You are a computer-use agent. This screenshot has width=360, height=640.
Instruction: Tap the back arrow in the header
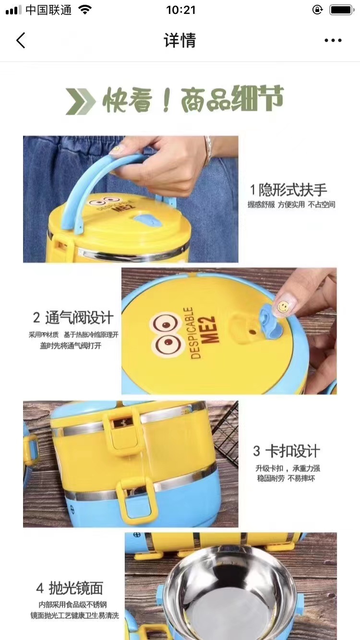coord(21,40)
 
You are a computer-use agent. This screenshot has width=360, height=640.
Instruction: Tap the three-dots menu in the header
coord(333,40)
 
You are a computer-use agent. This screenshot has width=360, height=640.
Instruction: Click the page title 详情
coord(180,40)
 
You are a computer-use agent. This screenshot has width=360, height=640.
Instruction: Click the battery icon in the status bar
coord(341,10)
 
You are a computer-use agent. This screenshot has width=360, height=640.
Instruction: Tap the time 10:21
coord(180,10)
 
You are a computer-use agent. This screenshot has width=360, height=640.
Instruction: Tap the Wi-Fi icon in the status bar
coord(85,10)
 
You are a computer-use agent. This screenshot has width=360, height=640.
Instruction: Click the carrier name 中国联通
coord(48,10)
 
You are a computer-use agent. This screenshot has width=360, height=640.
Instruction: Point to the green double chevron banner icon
coord(80,102)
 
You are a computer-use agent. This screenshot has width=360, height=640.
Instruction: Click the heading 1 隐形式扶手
coord(288,190)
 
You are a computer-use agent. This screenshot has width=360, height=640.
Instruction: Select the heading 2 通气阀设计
coord(73,318)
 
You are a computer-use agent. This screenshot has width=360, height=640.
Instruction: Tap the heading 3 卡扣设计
coord(287,451)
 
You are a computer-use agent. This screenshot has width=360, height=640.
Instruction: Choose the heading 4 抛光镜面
coord(70,588)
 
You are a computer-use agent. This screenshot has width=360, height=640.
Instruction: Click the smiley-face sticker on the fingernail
coord(283,306)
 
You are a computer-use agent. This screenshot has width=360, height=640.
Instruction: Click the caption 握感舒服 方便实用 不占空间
coord(291,204)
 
